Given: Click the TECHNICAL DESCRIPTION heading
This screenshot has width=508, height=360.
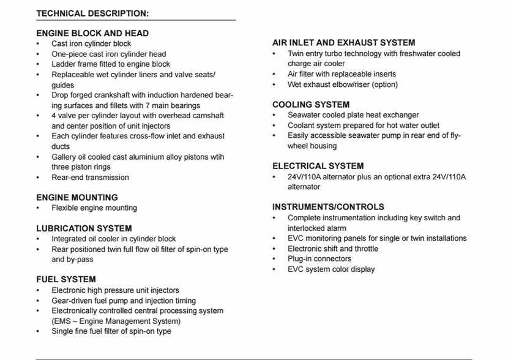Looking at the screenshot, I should point(92,13).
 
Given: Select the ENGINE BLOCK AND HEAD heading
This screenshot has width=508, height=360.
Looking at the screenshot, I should point(92,33).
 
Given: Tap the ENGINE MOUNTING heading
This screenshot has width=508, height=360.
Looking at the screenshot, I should point(77,197).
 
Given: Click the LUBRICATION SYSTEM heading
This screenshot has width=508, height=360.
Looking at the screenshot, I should point(84,228).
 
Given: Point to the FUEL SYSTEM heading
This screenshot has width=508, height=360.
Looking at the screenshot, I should point(66,280).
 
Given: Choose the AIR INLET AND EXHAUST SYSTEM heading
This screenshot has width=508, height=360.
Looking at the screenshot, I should point(343,43).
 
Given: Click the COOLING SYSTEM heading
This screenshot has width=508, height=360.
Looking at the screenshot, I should point(311,105).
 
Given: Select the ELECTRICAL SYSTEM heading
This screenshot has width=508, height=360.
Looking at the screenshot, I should point(318,166).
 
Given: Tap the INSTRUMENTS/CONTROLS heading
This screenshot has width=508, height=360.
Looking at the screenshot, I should point(328,207).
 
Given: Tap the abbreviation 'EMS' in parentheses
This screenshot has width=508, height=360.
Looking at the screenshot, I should point(65,321).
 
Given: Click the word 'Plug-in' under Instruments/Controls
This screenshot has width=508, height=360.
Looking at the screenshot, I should point(301,259).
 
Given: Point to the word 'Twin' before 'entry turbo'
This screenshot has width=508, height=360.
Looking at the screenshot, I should point(296,53).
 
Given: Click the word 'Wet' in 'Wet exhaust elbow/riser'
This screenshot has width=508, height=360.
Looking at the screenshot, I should point(295,84).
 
